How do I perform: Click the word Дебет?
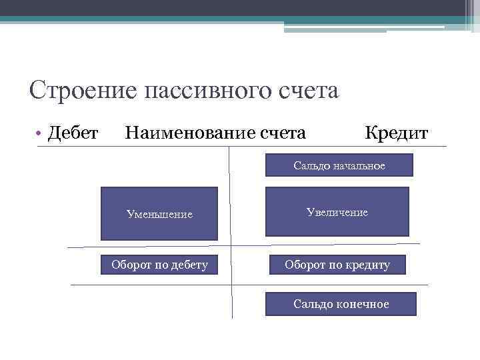[x=74, y=133]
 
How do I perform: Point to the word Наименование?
[x=189, y=133]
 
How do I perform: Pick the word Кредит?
[x=396, y=133]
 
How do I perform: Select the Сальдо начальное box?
[x=339, y=165]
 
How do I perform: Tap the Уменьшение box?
[x=159, y=213]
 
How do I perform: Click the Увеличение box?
[x=337, y=212]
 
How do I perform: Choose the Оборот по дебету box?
[x=159, y=265]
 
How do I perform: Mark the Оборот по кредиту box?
[x=337, y=265]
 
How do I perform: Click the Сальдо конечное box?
[x=341, y=304]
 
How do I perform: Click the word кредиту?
[x=367, y=265]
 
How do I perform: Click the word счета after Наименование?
[x=284, y=133]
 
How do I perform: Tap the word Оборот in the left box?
[x=131, y=265]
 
